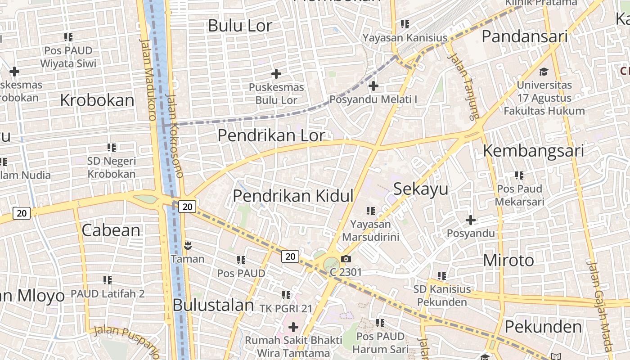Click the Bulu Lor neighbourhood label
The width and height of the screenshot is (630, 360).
click(x=240, y=26)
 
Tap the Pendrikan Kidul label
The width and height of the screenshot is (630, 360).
click(x=293, y=196)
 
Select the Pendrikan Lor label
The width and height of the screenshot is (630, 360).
click(x=271, y=135)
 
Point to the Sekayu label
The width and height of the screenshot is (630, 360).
click(x=421, y=189)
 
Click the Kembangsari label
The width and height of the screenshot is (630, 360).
click(x=533, y=151)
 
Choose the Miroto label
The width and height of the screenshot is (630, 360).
click(x=508, y=260)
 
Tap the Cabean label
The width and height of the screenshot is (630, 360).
click(x=111, y=230)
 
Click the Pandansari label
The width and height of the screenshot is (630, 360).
click(x=525, y=36)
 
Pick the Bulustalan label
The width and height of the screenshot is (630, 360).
click(x=214, y=305)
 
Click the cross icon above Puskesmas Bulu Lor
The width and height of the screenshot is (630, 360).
click(x=276, y=73)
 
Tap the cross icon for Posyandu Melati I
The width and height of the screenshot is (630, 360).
click(x=373, y=85)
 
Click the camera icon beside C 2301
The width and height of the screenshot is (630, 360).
click(x=346, y=259)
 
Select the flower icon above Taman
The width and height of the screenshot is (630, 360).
click(x=188, y=245)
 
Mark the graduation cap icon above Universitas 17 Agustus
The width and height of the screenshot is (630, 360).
click(x=544, y=72)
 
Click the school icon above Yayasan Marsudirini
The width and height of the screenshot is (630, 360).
click(x=370, y=210)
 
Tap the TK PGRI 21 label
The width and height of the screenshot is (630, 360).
click(x=286, y=308)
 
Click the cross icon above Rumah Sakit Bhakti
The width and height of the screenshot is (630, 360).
click(x=293, y=327)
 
